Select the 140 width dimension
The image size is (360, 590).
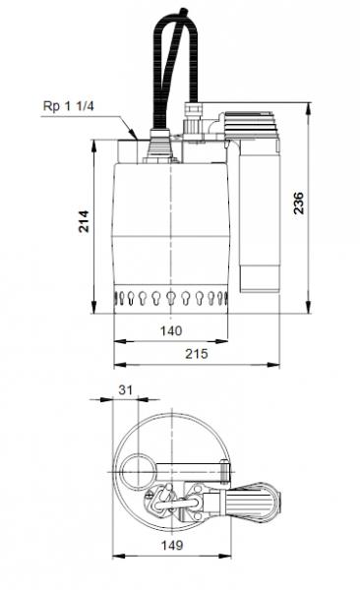pyautogui.click(x=171, y=331)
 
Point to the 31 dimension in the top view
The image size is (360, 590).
pyautogui.click(x=125, y=390)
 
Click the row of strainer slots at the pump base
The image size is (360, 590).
pyautogui.click(x=171, y=297)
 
